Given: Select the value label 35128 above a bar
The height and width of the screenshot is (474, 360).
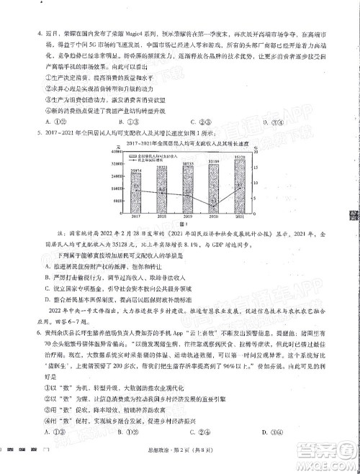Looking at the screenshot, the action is [x=240, y=158].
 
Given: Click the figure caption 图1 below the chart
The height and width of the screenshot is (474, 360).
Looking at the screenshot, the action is [x=189, y=222].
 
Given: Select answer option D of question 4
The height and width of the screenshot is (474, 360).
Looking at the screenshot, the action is [x=269, y=122].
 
